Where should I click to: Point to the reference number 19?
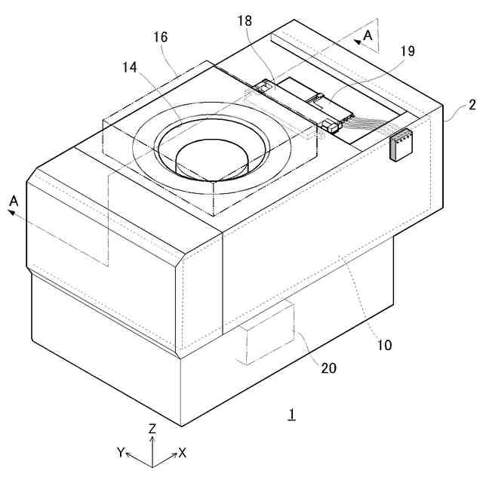407,52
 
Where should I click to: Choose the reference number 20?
328,368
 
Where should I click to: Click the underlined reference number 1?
291,414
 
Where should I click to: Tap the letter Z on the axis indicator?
152,428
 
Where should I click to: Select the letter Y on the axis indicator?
120,452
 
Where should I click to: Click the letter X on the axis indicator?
183,452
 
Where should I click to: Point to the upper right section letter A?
368,35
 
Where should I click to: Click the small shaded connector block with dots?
401,145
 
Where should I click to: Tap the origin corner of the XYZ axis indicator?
152,464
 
